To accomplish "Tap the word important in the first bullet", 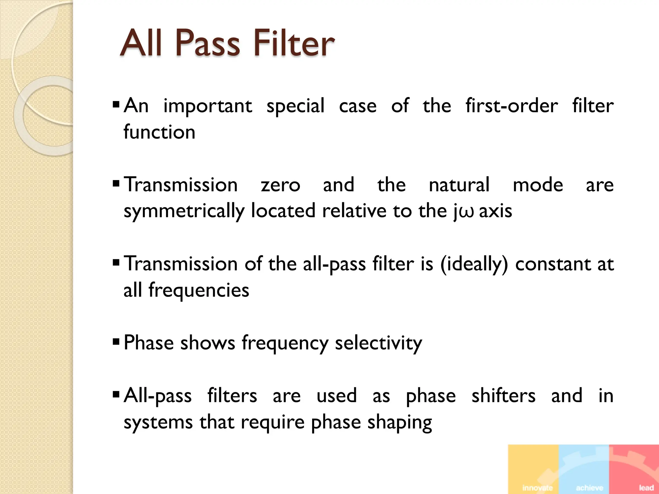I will click(x=208, y=106).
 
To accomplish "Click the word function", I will click(x=159, y=132).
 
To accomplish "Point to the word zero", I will click(x=280, y=185).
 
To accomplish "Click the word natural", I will click(x=459, y=185).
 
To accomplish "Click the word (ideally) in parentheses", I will click(x=474, y=264).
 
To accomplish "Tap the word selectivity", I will click(x=378, y=343).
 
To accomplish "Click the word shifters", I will click(x=503, y=396).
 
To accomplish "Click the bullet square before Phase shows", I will click(x=116, y=341).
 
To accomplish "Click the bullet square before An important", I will click(x=116, y=104).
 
